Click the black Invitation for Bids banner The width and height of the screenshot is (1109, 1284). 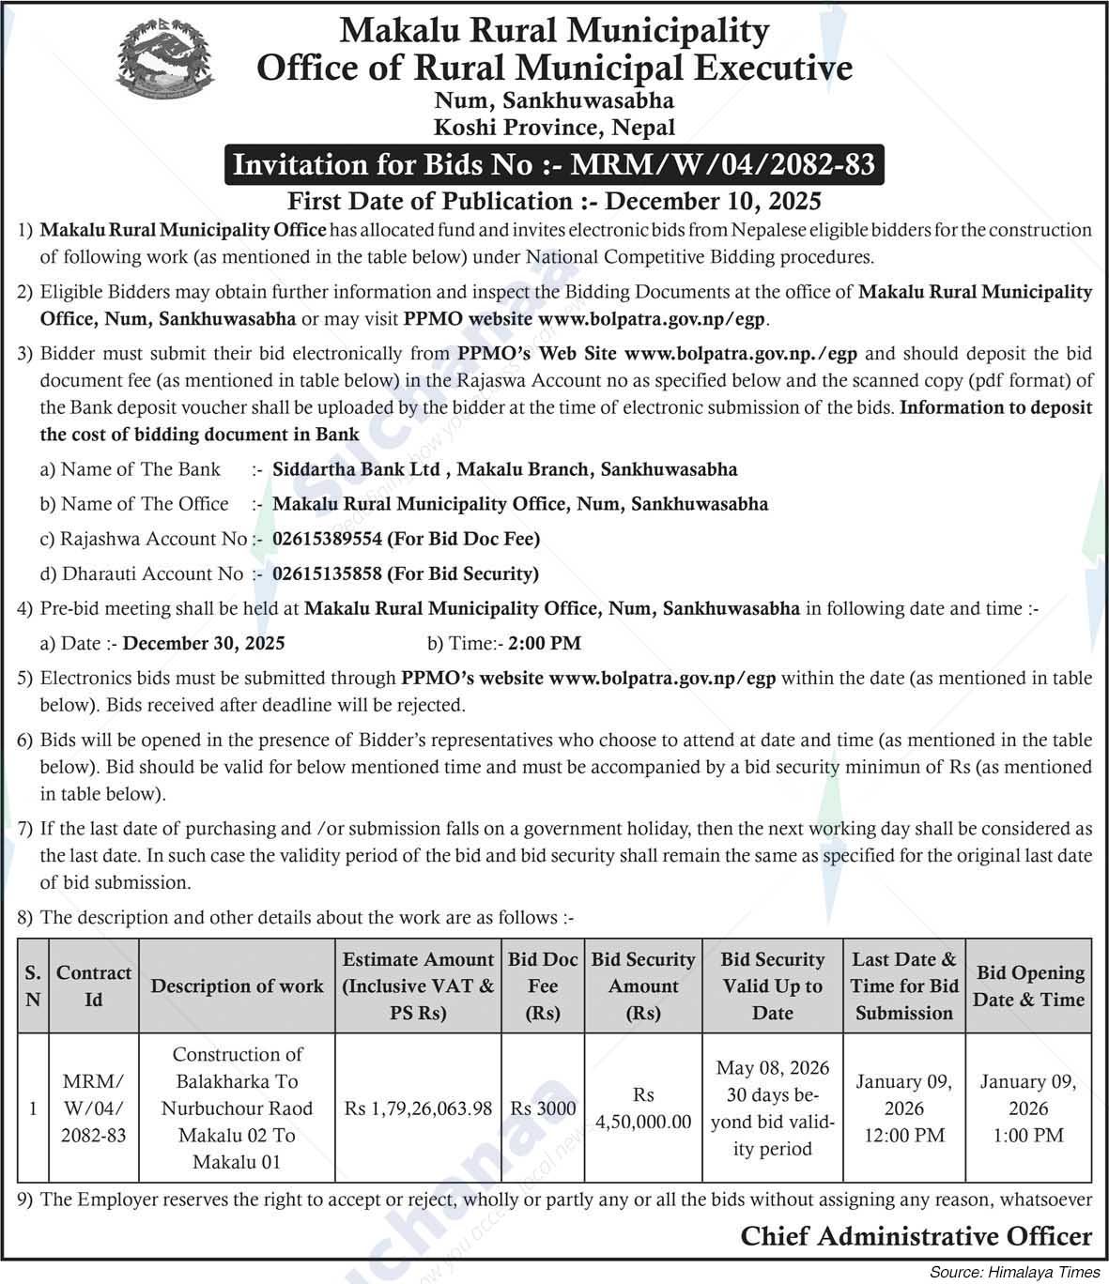point(554,165)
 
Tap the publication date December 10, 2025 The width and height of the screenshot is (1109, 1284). point(714,201)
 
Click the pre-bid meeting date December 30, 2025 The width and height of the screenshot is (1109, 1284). point(204,643)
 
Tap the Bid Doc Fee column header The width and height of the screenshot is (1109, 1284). point(543,986)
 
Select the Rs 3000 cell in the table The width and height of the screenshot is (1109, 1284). point(543,1108)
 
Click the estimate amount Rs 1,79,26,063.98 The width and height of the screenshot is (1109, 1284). point(418,1108)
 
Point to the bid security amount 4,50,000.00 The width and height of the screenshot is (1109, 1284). point(643,1122)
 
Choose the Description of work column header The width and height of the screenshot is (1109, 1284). point(237,986)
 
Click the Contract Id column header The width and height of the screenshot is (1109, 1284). point(93,986)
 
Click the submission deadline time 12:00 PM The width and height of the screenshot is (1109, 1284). point(903,1135)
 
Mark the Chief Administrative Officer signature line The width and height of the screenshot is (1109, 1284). point(916,1236)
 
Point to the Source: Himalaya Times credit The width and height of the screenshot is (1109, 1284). point(1014,1273)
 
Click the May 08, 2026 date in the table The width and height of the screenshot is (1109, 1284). point(773,1068)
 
